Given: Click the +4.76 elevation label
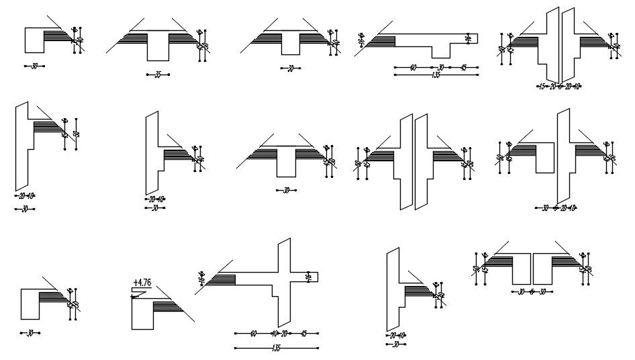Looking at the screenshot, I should pyautogui.click(x=142, y=283).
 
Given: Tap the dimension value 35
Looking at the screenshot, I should pyautogui.click(x=158, y=75).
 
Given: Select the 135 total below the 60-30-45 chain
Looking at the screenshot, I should pyautogui.click(x=436, y=75).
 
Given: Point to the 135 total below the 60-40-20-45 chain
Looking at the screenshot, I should pyautogui.click(x=276, y=347).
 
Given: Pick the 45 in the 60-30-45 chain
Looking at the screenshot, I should pyautogui.click(x=463, y=67).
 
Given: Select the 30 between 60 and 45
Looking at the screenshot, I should pyautogui.click(x=441, y=67).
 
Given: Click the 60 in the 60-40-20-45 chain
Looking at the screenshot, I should pyautogui.click(x=253, y=333).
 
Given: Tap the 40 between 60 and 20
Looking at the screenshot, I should pyautogui.click(x=274, y=333).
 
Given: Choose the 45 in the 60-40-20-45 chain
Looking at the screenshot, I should pyautogui.click(x=303, y=333).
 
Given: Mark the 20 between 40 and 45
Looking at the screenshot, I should pyautogui.click(x=285, y=333).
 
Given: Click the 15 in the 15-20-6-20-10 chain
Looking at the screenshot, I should pyautogui.click(x=541, y=86).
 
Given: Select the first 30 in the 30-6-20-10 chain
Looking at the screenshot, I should pyautogui.click(x=545, y=208).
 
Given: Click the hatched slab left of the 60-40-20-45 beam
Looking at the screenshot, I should pyautogui.click(x=222, y=279).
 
